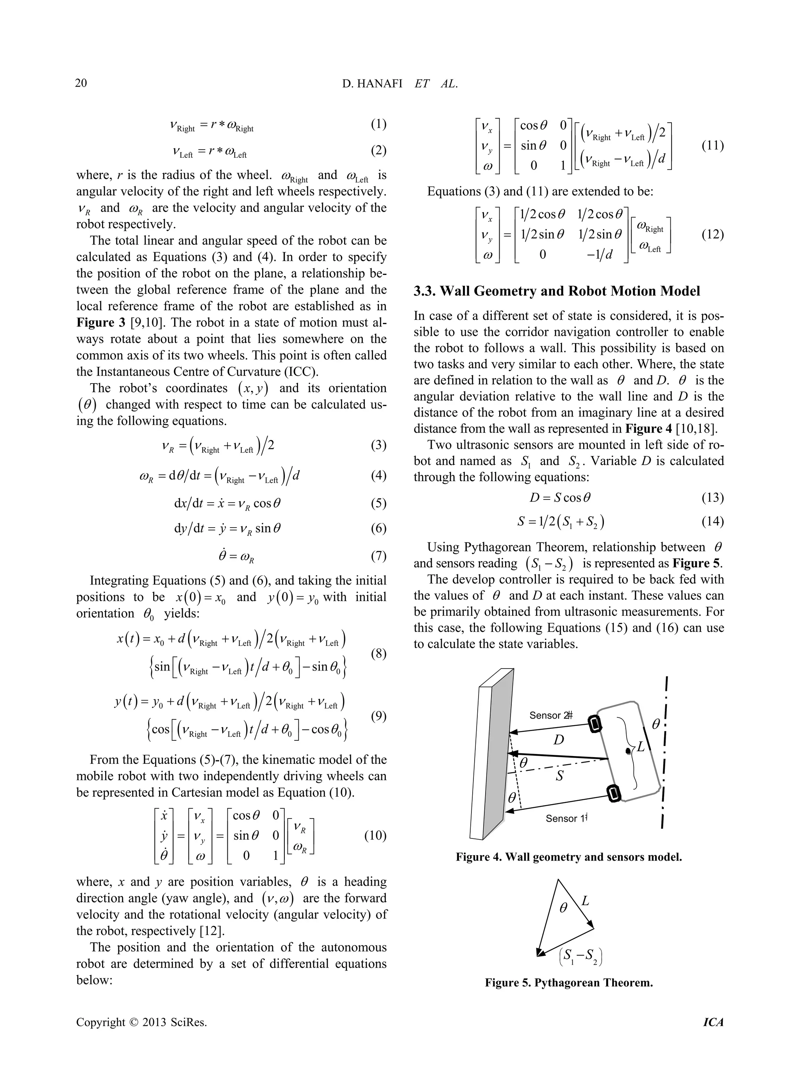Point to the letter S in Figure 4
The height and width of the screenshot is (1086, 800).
point(560,776)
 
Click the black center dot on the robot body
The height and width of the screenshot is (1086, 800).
point(628,751)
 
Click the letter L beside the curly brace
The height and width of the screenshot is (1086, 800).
point(641,747)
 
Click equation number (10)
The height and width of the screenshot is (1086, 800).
point(375,836)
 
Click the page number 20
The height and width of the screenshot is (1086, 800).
point(81,83)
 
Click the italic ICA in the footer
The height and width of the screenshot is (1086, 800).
point(713,1023)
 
